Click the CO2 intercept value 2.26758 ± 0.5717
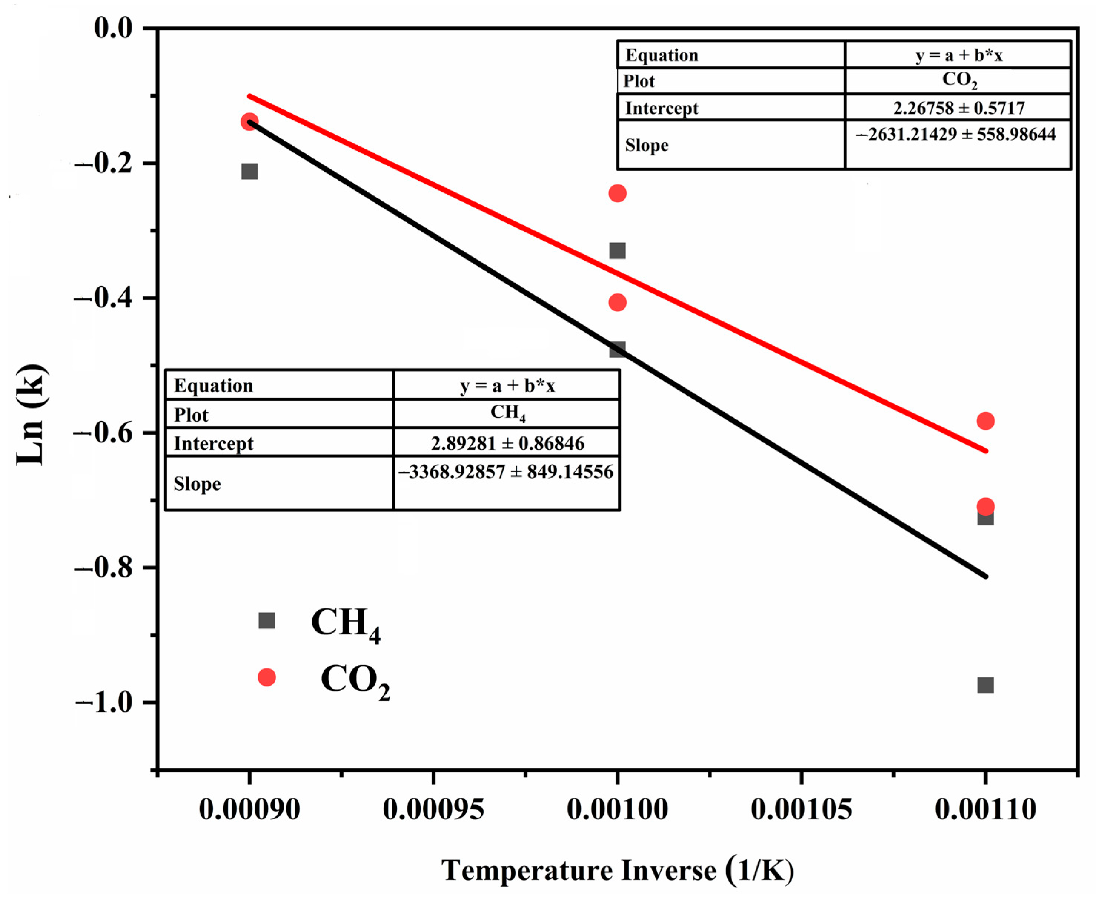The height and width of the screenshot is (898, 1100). pyautogui.click(x=958, y=108)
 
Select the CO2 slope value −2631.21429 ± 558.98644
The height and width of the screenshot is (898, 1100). pyautogui.click(x=956, y=135)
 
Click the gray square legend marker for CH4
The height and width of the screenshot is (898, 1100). pyautogui.click(x=266, y=620)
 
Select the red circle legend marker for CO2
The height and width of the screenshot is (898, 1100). pyautogui.click(x=266, y=677)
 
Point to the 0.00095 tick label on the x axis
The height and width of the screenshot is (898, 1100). pyautogui.click(x=433, y=809)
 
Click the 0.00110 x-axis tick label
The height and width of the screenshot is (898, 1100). pyautogui.click(x=985, y=809)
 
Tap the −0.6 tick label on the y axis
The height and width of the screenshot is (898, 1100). pyautogui.click(x=103, y=433)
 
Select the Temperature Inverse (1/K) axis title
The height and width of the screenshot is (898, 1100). pyautogui.click(x=617, y=871)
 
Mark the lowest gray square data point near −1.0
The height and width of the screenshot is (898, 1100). pyautogui.click(x=985, y=686)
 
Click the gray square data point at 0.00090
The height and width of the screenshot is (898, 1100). pyautogui.click(x=249, y=171)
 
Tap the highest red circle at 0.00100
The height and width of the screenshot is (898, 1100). pyautogui.click(x=617, y=194)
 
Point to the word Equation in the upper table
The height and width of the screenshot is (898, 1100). pyautogui.click(x=662, y=55)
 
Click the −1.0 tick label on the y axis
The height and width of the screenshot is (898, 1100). pyautogui.click(x=103, y=703)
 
